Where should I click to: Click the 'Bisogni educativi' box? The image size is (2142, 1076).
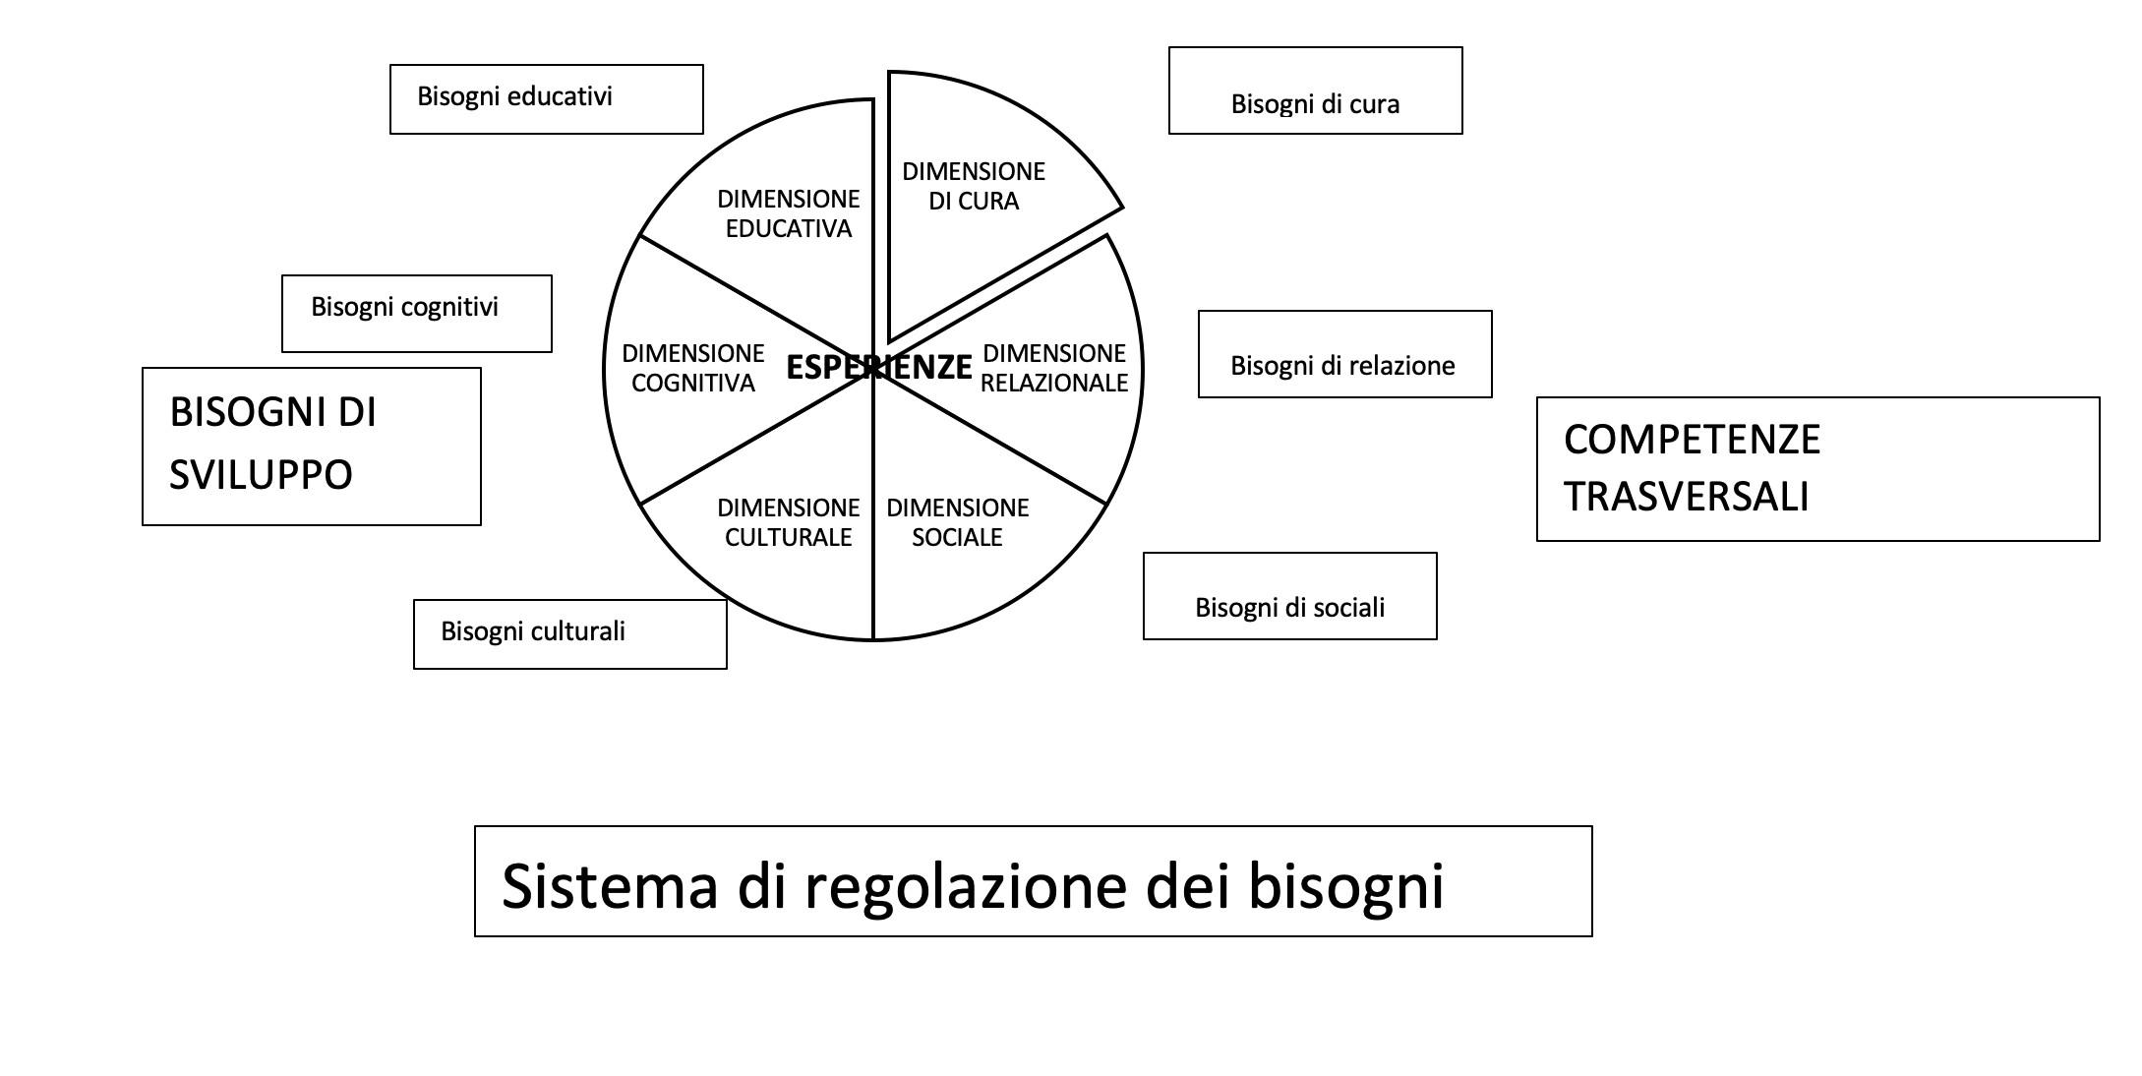coord(546,98)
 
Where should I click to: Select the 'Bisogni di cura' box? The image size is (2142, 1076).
coord(1315,90)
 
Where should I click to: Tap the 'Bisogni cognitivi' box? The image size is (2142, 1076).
coord(416,313)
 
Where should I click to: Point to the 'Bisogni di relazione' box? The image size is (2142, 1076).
coord(1344,354)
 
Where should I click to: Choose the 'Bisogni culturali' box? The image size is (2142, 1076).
coord(569,633)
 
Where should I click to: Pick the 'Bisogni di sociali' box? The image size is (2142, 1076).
coord(1289,596)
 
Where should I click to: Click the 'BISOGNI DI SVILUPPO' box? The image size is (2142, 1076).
coord(311,446)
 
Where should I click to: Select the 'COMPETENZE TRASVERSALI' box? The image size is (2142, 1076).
coord(1817,468)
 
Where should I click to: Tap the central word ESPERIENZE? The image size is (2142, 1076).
coord(878,367)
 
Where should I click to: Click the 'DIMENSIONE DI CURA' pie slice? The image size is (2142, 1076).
coord(974,186)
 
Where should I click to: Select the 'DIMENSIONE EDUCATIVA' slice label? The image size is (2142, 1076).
coord(788,213)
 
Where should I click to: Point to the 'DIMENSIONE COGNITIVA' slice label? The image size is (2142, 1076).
coord(692,368)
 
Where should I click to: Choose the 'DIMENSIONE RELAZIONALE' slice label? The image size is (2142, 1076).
coord(1054,368)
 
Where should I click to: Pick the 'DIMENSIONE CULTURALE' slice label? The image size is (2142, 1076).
coord(788,522)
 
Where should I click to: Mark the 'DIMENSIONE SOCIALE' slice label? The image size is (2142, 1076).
coord(957,522)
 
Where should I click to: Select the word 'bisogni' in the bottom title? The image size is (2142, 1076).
coord(1345,885)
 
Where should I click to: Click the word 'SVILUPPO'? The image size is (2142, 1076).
coord(261,475)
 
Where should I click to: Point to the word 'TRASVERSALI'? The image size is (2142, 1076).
coord(1686,497)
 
